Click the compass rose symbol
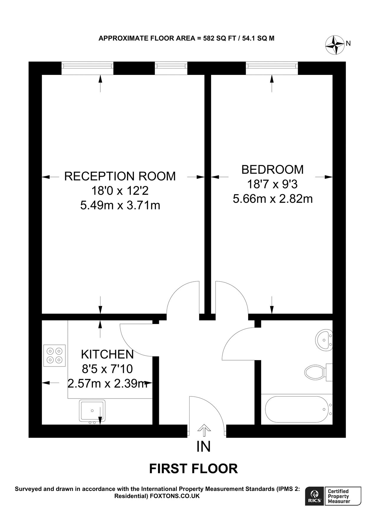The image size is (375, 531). pos(335,45)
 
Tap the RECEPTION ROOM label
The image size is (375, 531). pos(120,176)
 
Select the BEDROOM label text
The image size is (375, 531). pos(272,170)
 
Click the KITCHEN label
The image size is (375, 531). pos(107,354)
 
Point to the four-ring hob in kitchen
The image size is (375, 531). pos(55,355)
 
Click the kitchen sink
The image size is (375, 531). pos(92,410)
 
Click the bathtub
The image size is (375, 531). pos(298,409)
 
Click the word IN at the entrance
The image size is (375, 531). pos(203,447)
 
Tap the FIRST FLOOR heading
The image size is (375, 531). pos(193,468)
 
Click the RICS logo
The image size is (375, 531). pos(315,496)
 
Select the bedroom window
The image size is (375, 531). pos(272,68)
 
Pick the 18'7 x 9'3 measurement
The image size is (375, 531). pos(272,184)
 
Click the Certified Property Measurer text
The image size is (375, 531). pos(339,496)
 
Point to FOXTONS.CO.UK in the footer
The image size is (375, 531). pos(175,496)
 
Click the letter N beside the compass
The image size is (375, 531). pos(348,43)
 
